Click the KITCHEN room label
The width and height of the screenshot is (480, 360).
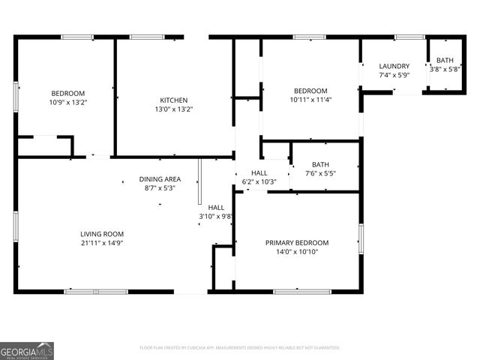coord(173,100)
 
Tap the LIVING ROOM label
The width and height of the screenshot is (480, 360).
coord(102,233)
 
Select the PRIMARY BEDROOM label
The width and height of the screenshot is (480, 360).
coord(297,242)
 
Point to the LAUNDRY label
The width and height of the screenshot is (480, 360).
coord(394,66)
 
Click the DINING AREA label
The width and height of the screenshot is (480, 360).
coord(159,179)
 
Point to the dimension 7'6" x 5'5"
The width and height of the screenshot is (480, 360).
coord(320,173)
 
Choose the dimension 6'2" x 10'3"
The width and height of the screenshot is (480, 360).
coord(259,181)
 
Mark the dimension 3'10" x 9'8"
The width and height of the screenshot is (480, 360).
coord(216,216)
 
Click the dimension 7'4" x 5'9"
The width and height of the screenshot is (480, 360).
coord(394,75)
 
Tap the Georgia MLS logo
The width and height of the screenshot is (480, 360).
coord(27,351)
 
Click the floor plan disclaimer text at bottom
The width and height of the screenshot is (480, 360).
coord(240,348)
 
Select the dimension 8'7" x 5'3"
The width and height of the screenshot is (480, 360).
coord(159,188)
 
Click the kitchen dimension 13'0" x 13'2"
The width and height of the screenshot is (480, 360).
coord(173,109)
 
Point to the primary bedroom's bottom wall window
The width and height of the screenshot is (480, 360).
coord(301,292)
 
